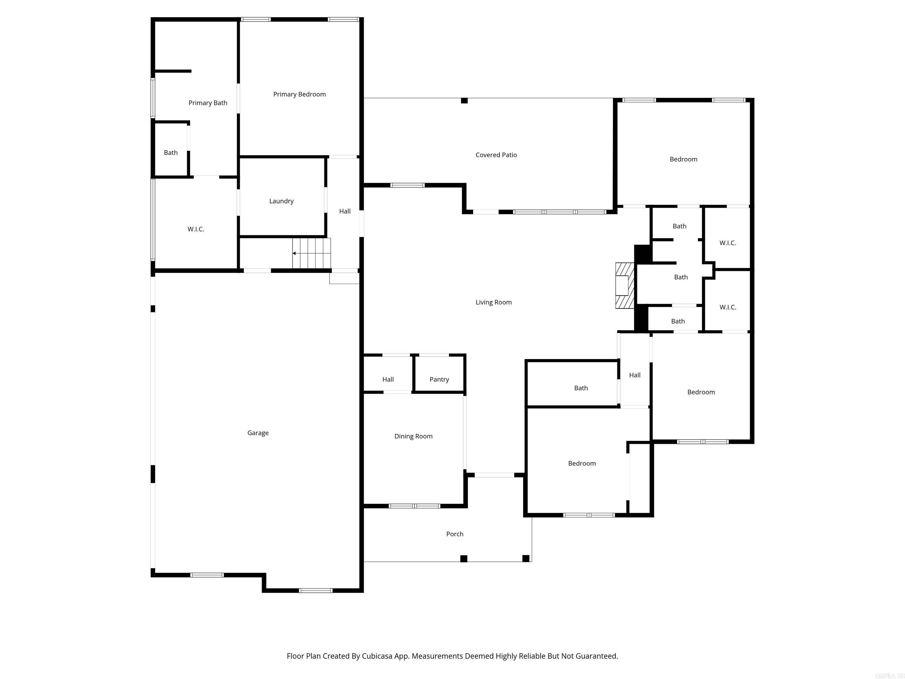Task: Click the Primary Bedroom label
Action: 300,94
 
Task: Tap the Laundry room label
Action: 281,201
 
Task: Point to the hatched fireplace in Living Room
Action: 625,285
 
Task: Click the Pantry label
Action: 439,379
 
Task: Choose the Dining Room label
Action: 413,436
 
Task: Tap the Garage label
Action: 258,433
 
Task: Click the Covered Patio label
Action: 496,155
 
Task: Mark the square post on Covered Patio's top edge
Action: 464,101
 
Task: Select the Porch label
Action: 455,534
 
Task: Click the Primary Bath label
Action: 208,103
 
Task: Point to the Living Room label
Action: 493,302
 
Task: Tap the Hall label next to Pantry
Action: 388,379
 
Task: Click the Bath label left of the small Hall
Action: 581,388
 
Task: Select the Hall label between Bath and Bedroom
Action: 635,375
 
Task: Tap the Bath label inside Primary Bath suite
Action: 171,153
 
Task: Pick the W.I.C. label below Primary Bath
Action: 196,229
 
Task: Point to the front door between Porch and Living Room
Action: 494,475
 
